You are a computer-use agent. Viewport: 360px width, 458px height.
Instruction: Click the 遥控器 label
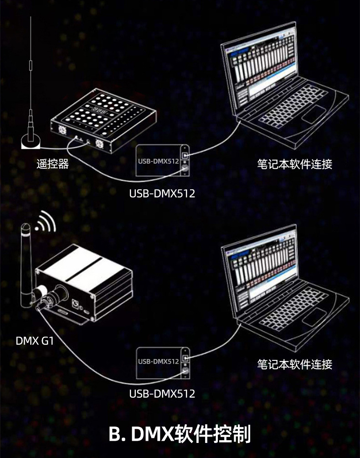[x=52, y=164]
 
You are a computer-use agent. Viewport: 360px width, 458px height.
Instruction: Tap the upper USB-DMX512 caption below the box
[x=162, y=193]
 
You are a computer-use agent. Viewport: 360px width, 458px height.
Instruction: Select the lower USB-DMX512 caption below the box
[x=162, y=393]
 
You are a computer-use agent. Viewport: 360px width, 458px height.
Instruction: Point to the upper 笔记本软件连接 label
[x=294, y=164]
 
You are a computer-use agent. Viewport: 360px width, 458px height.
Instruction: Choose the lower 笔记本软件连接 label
[x=294, y=364]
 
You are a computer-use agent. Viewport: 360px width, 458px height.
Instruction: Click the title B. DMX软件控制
[x=180, y=434]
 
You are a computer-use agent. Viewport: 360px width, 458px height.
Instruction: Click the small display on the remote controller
[x=99, y=111]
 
